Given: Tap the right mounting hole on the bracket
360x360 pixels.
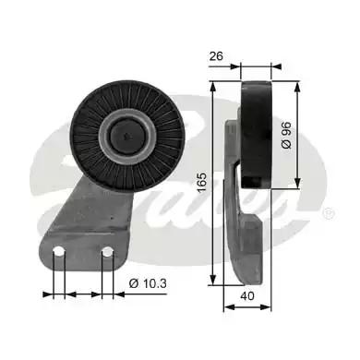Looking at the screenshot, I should tap(108, 252).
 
